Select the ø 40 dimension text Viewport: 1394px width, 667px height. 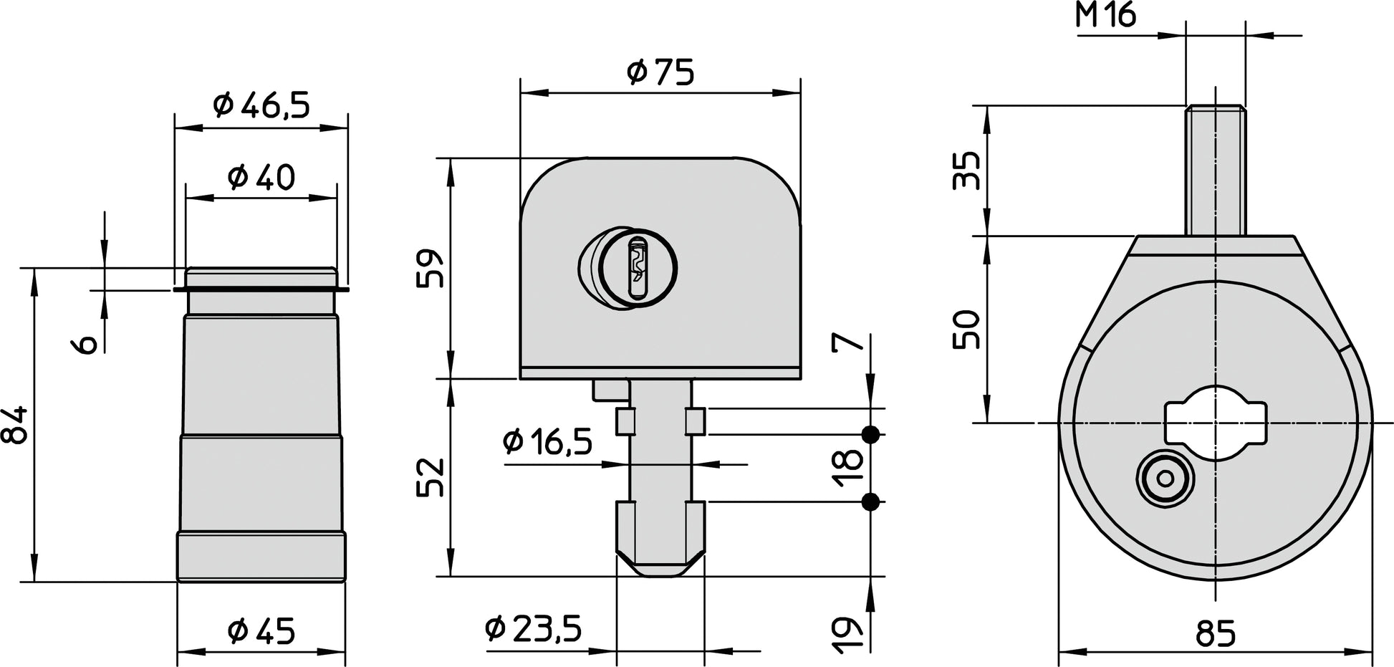261,176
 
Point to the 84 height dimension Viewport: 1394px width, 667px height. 16,425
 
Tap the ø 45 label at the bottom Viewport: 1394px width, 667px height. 261,631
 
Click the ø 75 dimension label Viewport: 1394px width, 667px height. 660,72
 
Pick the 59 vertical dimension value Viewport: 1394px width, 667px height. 431,268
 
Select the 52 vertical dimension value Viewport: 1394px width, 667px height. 431,477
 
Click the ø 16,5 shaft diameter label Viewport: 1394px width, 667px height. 547,442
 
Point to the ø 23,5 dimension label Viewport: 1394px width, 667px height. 533,629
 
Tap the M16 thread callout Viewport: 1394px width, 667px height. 1106,15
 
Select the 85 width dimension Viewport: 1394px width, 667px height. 1216,633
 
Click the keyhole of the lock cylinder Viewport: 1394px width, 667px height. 637,269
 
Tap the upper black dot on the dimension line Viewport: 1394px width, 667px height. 871,434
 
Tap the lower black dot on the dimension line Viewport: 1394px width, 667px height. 871,502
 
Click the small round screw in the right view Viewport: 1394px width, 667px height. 1165,479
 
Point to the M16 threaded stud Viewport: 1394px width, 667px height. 1215,170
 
